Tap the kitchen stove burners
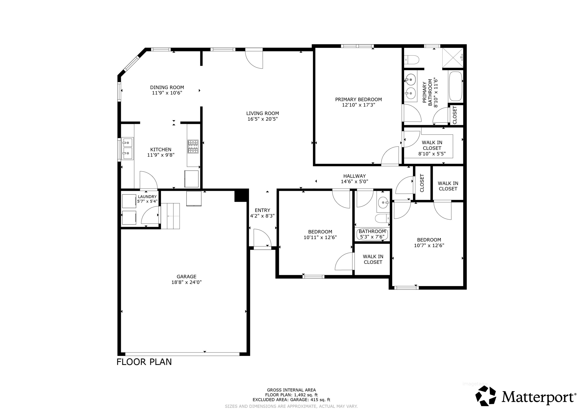193,146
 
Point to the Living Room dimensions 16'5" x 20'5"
263,119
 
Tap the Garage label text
186,276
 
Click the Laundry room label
147,197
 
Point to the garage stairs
170,216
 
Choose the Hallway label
354,176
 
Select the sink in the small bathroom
383,202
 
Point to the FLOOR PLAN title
144,362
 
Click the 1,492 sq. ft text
306,395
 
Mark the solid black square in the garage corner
241,195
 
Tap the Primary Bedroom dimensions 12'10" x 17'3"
358,105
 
